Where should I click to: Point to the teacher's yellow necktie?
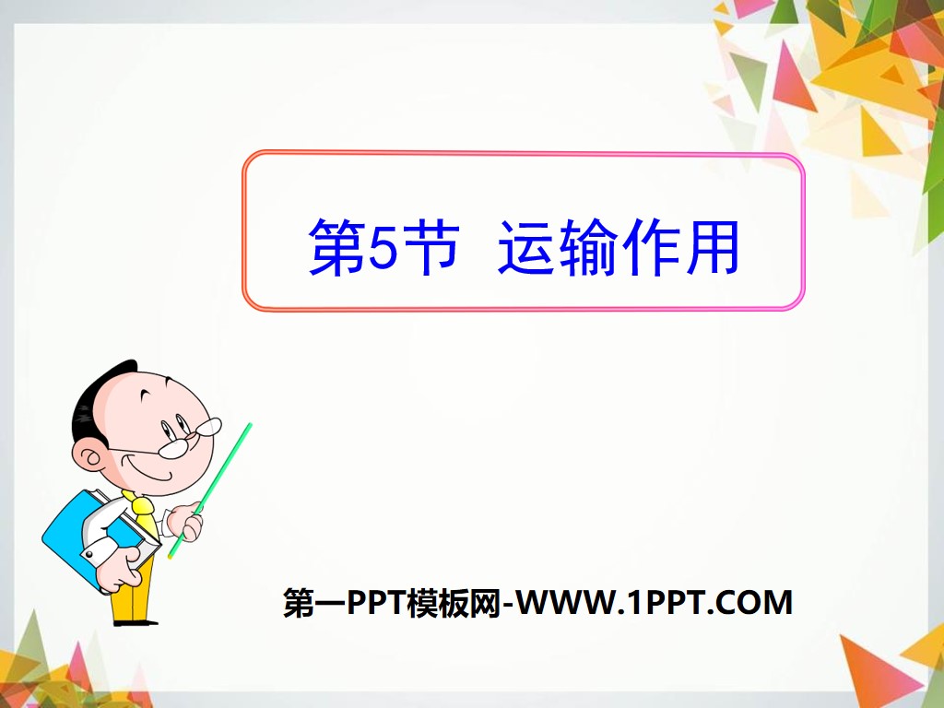143,512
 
